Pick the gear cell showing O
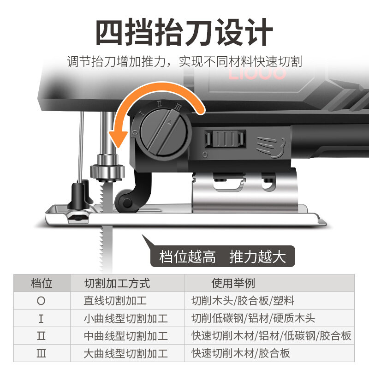click(42, 301)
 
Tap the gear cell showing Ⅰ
click(42, 318)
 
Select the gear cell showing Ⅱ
click(42, 336)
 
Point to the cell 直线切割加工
click(115, 301)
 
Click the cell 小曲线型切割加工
click(125, 318)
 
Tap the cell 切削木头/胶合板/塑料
click(243, 301)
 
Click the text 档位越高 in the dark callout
click(187, 257)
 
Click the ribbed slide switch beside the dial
click(224, 138)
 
